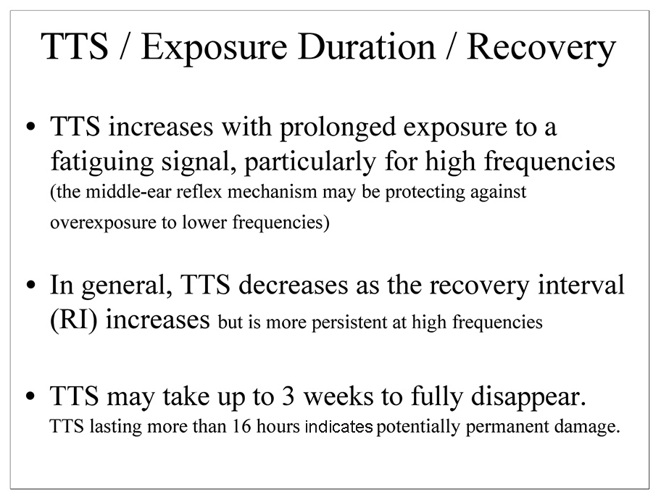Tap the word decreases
pos(294,285)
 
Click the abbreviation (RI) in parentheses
pos(74,320)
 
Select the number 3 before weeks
pos(288,396)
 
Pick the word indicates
pos(338,427)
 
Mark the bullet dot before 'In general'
pos(30,286)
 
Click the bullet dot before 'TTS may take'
pos(30,396)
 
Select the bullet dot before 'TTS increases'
pos(30,127)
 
